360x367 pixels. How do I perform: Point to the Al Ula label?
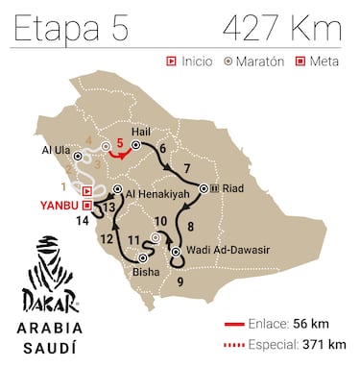[58, 152]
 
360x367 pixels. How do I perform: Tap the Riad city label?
[235, 188]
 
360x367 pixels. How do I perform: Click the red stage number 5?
[119, 143]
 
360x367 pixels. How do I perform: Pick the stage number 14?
[85, 220]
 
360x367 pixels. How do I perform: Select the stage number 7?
[187, 169]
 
